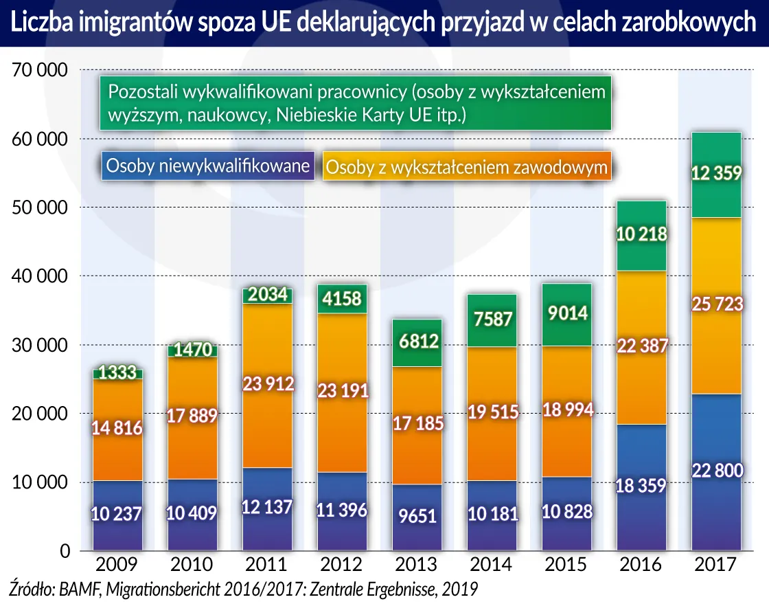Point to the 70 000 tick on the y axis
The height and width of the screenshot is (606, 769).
(x=39, y=70)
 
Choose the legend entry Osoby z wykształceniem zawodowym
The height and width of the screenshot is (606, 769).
(x=467, y=167)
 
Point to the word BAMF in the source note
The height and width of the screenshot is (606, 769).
(x=79, y=589)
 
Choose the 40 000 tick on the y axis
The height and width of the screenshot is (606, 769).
(x=39, y=276)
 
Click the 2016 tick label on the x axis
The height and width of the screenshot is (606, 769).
(x=640, y=565)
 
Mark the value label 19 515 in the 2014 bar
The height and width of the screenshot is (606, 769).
(x=492, y=412)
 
